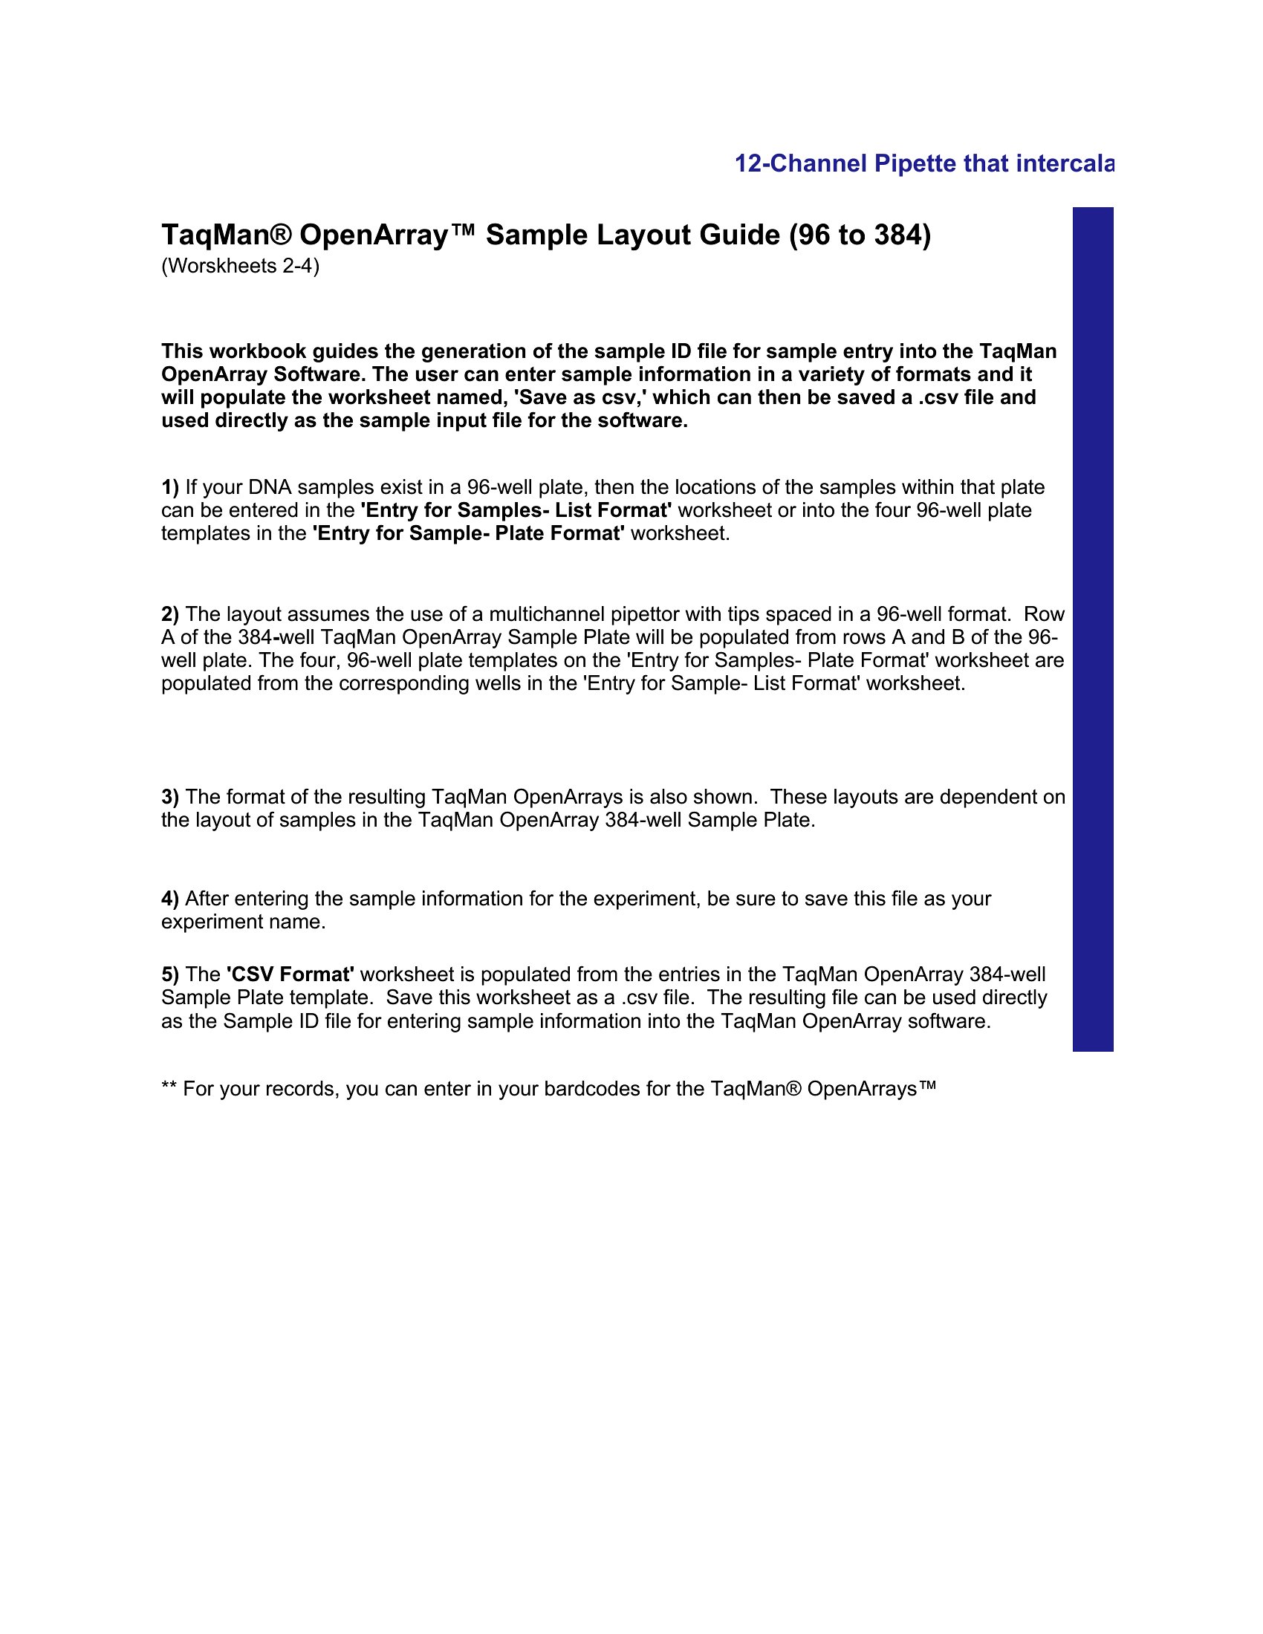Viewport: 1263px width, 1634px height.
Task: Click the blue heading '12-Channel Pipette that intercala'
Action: tap(923, 164)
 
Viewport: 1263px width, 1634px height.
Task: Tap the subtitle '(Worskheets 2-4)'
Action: tap(240, 267)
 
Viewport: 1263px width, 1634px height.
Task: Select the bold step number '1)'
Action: tap(170, 487)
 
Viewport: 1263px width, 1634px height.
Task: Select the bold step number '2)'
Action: tap(170, 614)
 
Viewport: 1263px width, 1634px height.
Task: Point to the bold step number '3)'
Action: tap(170, 797)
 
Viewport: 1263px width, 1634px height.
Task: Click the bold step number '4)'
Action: tap(170, 899)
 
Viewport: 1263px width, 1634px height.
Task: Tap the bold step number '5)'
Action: tap(170, 974)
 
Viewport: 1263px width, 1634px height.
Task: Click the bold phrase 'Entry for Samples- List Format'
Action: tap(516, 510)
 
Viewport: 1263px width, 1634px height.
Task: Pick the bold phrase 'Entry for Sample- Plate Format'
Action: tap(467, 533)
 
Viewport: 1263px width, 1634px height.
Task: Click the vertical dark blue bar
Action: tap(1092, 628)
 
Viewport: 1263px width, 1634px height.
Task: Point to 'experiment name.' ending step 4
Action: tap(243, 922)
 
